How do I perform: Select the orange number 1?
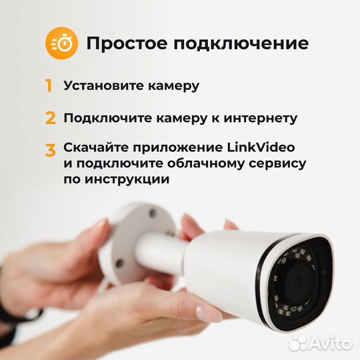[49, 86]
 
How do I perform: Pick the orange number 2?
[50, 119]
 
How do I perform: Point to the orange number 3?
[50, 150]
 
